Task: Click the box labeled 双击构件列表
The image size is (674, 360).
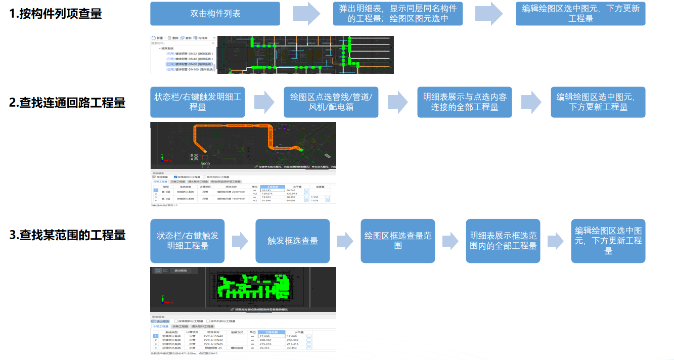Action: (x=215, y=14)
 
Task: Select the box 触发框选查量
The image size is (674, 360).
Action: (x=293, y=241)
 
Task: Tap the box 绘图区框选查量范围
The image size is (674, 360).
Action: (x=398, y=241)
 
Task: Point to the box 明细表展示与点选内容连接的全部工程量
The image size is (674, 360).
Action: (x=465, y=102)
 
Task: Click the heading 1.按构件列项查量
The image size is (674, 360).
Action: (x=56, y=14)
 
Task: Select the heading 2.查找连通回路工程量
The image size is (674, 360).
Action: (x=67, y=103)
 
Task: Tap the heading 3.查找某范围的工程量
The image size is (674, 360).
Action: (x=67, y=235)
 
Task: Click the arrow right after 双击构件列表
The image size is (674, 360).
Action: (x=306, y=14)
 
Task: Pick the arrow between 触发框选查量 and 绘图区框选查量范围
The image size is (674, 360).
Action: (x=345, y=241)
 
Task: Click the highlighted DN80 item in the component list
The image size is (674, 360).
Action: (x=189, y=64)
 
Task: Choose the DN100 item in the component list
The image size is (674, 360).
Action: (x=189, y=70)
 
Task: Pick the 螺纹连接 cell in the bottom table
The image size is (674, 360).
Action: (x=238, y=348)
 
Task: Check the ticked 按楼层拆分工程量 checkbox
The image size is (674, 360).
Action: (x=175, y=177)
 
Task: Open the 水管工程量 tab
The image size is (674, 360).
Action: (x=161, y=327)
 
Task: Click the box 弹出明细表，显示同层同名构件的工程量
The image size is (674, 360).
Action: (x=398, y=14)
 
